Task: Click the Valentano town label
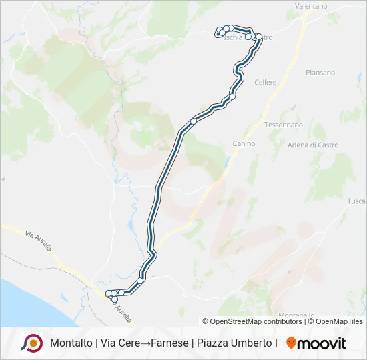pyautogui.click(x=311, y=6)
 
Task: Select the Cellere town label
pyautogui.click(x=266, y=82)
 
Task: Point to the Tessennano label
pyautogui.click(x=284, y=125)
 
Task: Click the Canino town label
pyautogui.click(x=244, y=143)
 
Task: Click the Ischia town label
pyautogui.click(x=234, y=38)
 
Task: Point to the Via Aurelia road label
pyautogui.click(x=39, y=241)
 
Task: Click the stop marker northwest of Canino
pyautogui.click(x=194, y=121)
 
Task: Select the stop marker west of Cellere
pyautogui.click(x=232, y=97)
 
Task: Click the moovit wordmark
pyautogui.click(x=322, y=343)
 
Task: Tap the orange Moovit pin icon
pyautogui.click(x=291, y=343)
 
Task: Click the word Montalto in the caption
pyautogui.click(x=71, y=343)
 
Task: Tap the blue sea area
pyautogui.click(x=33, y=300)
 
